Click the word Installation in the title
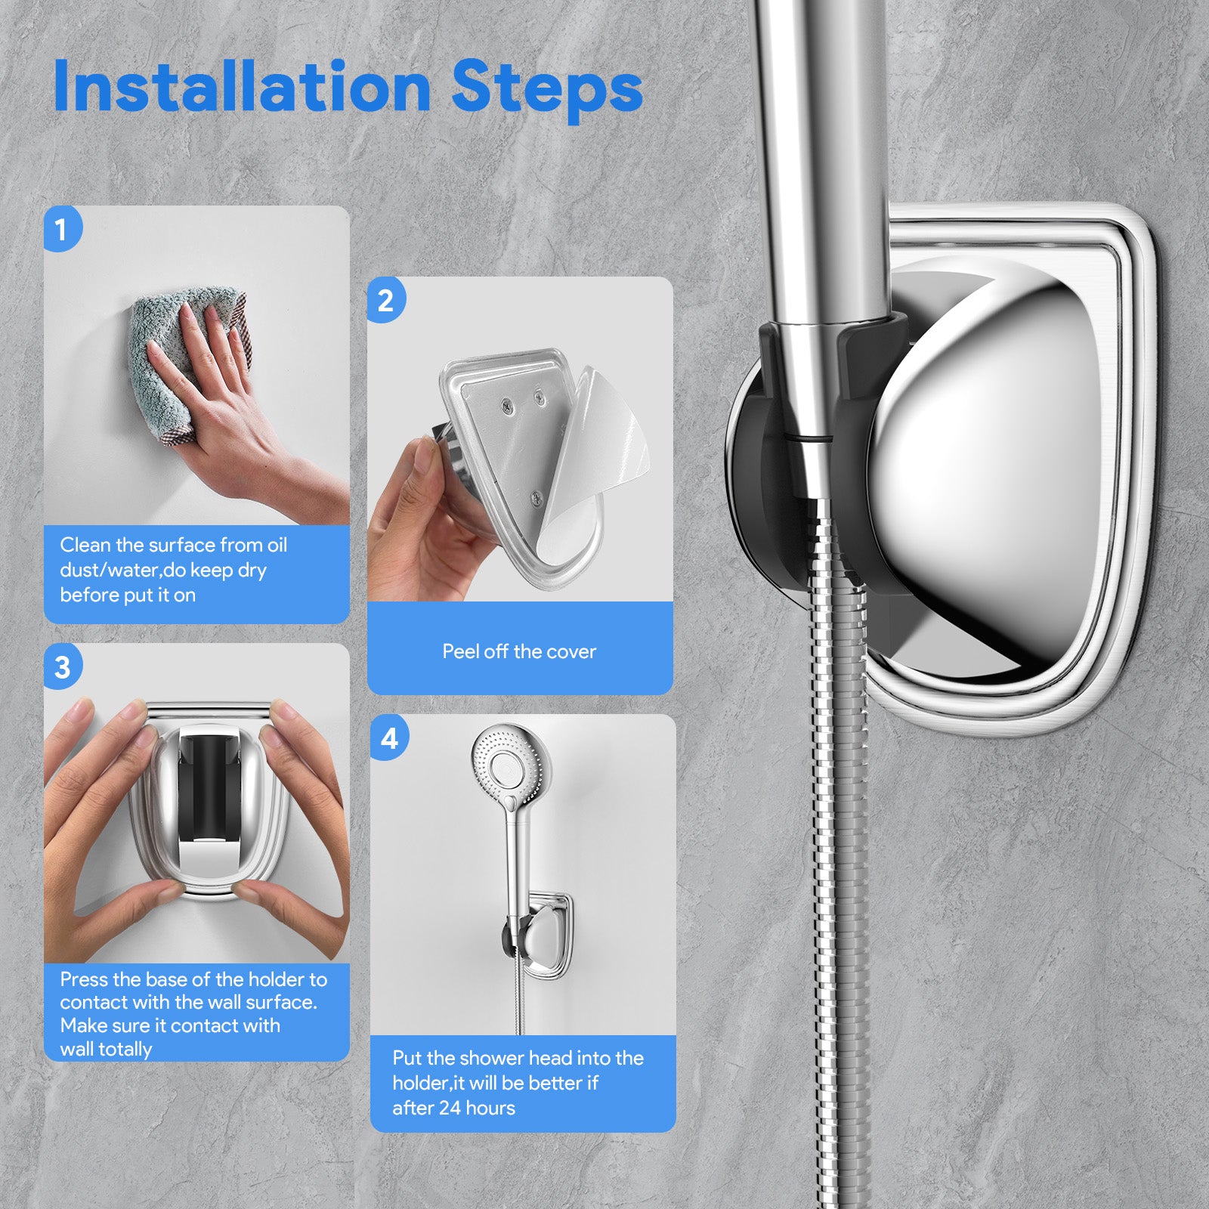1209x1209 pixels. (x=243, y=86)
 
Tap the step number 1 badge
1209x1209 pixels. (x=62, y=229)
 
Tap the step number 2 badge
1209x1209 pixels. (x=386, y=300)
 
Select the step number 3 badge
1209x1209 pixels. (x=63, y=667)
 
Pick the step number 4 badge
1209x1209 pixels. (x=390, y=737)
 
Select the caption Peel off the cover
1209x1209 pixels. (x=519, y=651)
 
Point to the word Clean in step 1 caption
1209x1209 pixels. (x=85, y=545)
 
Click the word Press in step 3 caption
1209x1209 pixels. (x=84, y=979)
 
